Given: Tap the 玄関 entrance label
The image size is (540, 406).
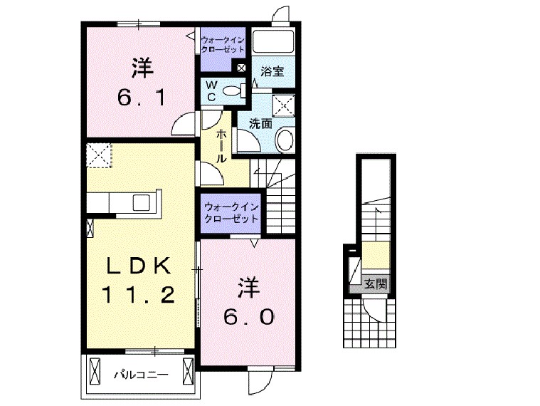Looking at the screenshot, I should click(376, 283).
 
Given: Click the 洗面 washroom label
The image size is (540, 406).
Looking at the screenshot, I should click(260, 123).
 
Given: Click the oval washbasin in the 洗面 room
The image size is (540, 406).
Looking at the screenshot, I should click(285, 140).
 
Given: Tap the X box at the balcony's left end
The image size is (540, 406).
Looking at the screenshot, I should click(94, 371).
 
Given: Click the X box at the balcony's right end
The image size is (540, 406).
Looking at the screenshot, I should click(188, 371).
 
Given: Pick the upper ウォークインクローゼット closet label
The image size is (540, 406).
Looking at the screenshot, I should click(223, 46).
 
